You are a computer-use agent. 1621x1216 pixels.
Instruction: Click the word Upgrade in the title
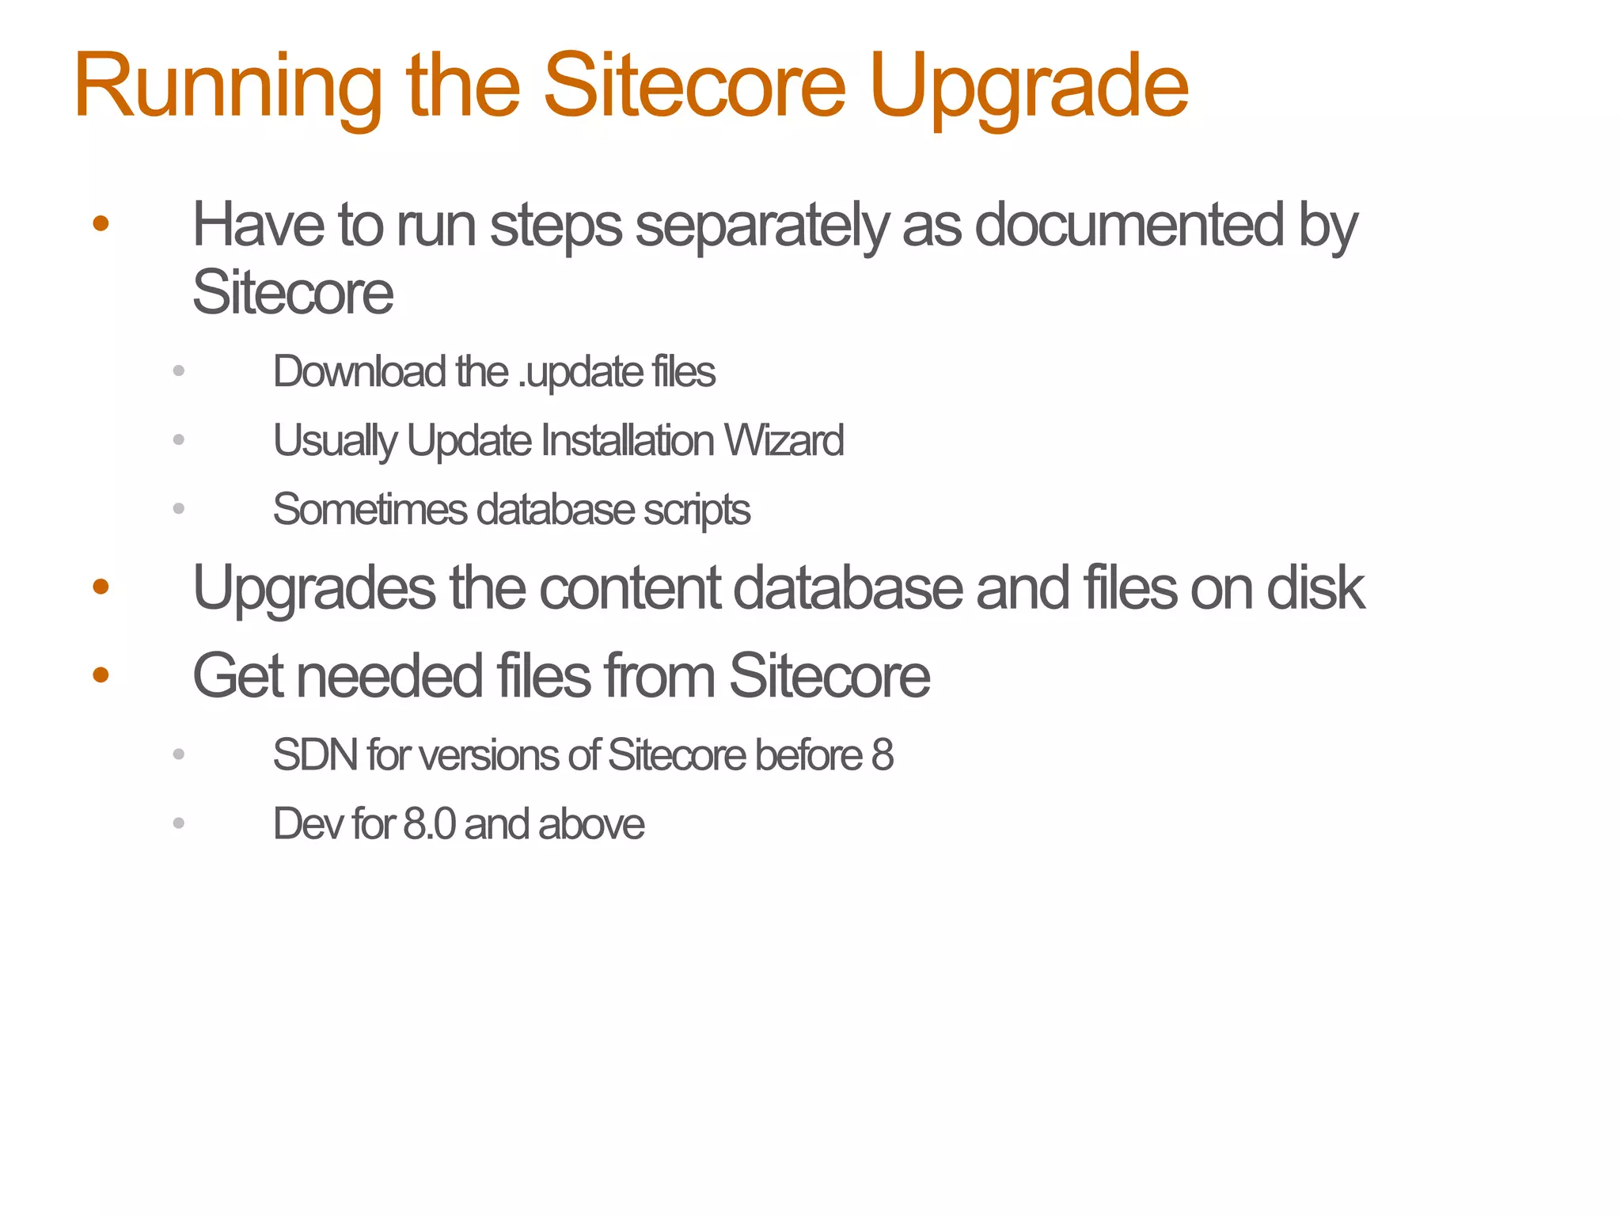[1028, 87]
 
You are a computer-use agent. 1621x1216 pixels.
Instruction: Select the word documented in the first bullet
[1129, 226]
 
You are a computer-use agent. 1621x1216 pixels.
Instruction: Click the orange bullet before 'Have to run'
[101, 224]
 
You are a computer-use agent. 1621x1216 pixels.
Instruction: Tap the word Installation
[627, 440]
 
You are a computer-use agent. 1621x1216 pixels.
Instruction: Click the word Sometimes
[370, 509]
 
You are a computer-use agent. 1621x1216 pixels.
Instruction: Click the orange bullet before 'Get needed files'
[101, 674]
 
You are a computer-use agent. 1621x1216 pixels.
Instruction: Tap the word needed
[389, 676]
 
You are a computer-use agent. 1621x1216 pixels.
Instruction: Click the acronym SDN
[315, 754]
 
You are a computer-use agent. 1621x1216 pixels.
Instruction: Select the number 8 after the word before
[883, 754]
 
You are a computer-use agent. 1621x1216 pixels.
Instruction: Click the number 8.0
[429, 824]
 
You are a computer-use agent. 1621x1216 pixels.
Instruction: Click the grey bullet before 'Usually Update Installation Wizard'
[179, 439]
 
